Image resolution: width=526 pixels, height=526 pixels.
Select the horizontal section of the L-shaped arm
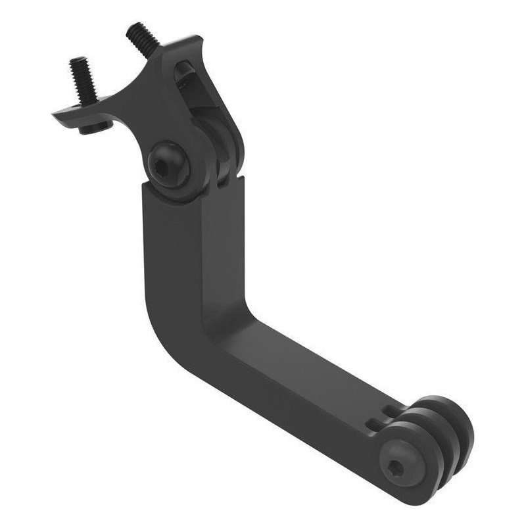296,388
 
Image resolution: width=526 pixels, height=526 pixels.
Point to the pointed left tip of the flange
57,117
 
